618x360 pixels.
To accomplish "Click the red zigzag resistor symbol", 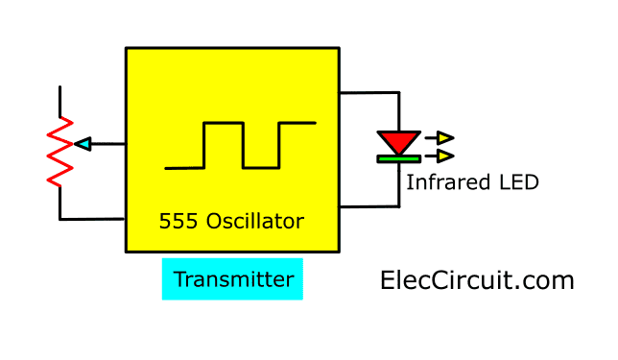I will (60, 152).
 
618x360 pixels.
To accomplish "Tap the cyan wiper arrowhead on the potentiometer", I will (83, 144).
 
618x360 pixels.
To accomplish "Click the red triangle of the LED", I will (397, 141).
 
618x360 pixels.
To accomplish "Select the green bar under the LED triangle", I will (398, 156).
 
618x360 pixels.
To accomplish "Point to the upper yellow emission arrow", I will (443, 138).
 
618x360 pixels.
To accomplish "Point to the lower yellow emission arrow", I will (443, 156).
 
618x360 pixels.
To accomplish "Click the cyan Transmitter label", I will (232, 279).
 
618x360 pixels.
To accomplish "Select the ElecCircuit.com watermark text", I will (477, 280).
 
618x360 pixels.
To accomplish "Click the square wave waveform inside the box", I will (241, 145).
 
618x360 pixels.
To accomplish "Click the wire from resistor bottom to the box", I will (91, 219).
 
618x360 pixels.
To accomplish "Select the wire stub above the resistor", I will (60, 102).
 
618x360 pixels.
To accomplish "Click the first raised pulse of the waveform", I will (223, 123).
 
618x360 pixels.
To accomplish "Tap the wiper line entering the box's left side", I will (108, 144).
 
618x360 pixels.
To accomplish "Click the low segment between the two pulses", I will (260, 167).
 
